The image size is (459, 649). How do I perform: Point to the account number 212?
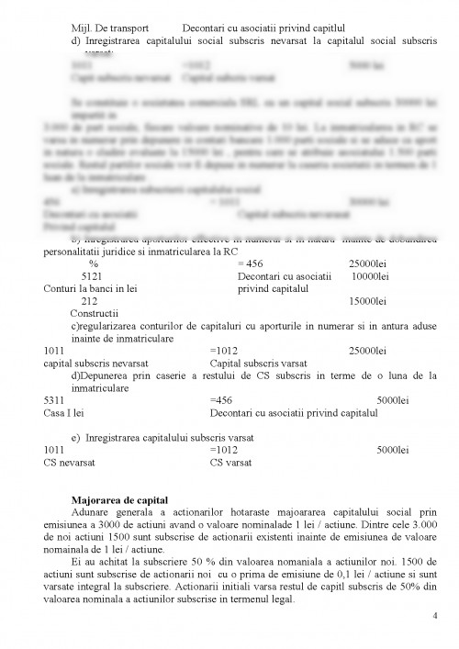coord(90,300)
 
